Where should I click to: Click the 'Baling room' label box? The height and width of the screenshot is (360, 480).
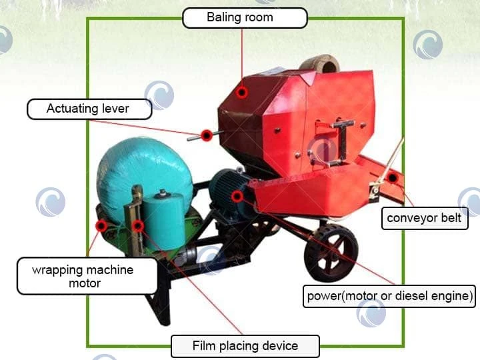click(x=245, y=18)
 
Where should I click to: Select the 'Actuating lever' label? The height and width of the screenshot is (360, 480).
click(x=89, y=109)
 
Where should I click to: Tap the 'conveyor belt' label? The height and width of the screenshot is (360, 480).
click(x=425, y=218)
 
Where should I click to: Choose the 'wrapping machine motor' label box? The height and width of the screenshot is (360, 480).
click(x=87, y=276)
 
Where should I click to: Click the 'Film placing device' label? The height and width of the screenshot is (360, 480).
click(x=245, y=346)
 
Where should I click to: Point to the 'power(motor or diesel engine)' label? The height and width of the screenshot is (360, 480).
click(x=389, y=296)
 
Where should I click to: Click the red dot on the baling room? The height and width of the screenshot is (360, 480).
click(x=242, y=92)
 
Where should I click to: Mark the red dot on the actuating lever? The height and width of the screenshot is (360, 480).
click(x=207, y=135)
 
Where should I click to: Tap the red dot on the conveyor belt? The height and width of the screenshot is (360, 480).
click(x=392, y=177)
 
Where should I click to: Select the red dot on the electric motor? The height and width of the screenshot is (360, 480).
click(x=237, y=196)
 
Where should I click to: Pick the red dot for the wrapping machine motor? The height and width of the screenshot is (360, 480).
click(x=101, y=226)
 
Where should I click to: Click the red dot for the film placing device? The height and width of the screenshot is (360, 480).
click(x=138, y=226)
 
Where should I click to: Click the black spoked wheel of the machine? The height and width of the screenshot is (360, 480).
click(x=331, y=253)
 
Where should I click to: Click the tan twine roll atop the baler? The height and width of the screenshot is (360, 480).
click(x=320, y=64)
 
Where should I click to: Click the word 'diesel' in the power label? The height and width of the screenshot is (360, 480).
click(x=411, y=296)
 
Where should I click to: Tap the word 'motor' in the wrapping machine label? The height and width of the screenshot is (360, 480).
click(x=85, y=283)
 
